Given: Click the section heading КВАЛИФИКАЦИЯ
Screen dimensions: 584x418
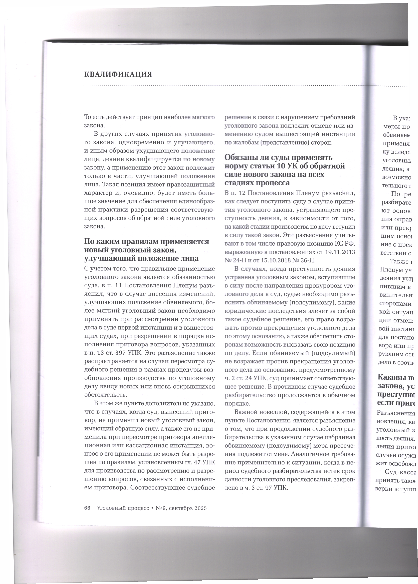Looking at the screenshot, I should pos(118,75).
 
